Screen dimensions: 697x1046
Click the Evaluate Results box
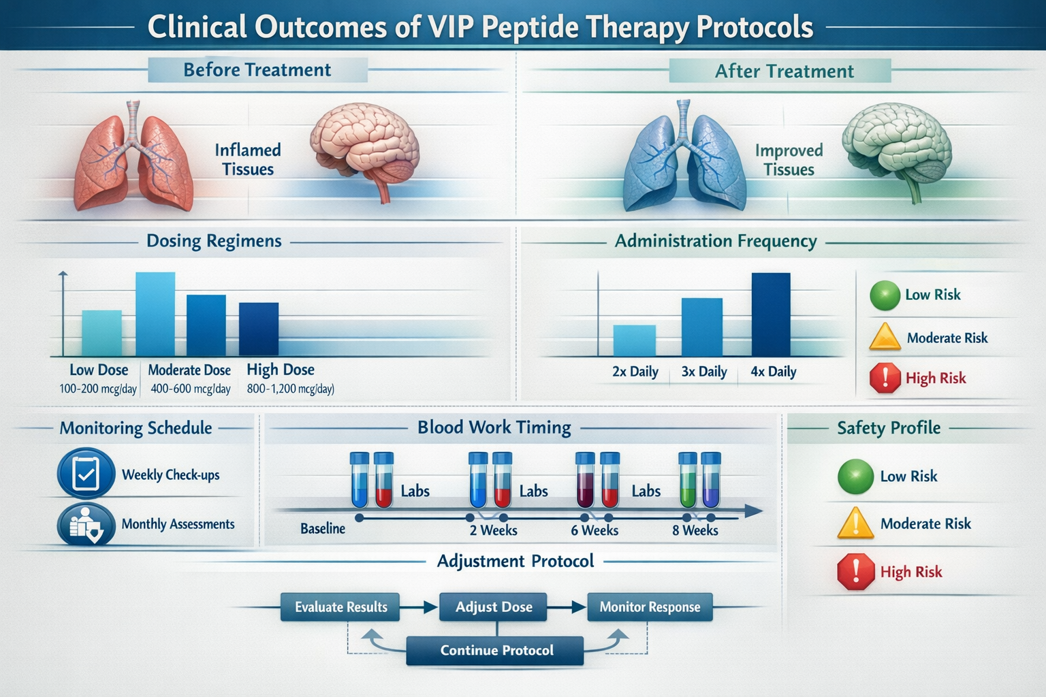point(340,606)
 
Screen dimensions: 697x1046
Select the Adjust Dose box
point(493,606)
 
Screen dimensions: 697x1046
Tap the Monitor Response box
point(650,606)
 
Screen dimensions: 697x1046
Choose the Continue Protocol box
point(496,650)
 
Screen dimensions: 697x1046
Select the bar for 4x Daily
point(771,314)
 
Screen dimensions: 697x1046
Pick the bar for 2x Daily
point(634,340)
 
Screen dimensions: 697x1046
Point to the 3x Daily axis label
point(704,372)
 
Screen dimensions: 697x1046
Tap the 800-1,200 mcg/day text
point(290,389)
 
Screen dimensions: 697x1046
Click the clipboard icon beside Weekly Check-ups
point(86,474)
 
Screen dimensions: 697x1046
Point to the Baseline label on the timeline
point(323,528)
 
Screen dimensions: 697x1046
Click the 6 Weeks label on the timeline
point(595,530)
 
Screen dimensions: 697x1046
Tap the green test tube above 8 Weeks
point(688,481)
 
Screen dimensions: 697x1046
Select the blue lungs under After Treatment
point(684,160)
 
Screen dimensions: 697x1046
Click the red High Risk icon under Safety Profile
point(855,571)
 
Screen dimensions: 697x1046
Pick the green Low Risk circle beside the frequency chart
point(885,295)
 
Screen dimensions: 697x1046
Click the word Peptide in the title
point(530,27)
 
